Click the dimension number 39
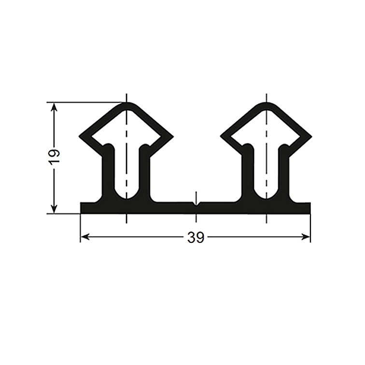point(196,238)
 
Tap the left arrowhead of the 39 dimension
point(85,237)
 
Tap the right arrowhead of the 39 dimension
point(306,237)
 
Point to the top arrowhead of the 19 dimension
point(54,107)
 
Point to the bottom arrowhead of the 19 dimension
point(54,209)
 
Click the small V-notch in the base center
point(197,205)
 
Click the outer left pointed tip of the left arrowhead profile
point(80,136)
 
